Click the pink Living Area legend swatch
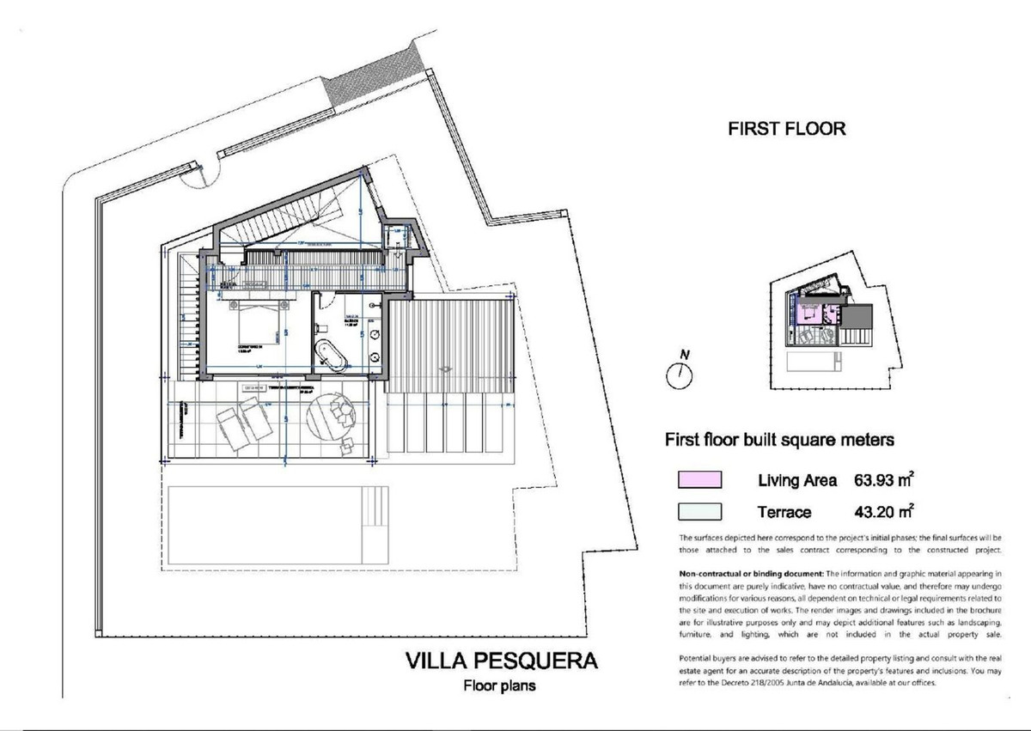tap(700, 480)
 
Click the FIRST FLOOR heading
tap(786, 129)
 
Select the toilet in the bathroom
tap(320, 327)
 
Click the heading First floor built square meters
tap(780, 440)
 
